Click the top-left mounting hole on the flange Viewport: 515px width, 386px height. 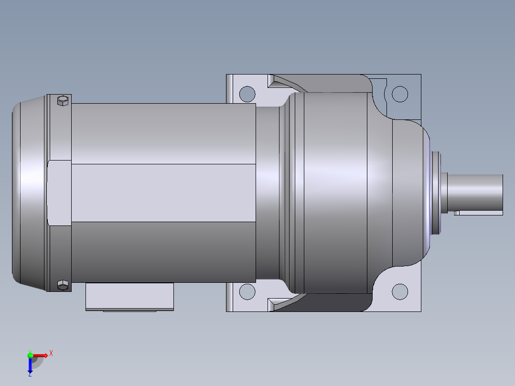pos(247,94)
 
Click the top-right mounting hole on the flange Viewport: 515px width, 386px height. pos(400,94)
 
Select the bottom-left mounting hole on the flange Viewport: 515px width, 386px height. pos(247,291)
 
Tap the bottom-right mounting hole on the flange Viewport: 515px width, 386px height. pos(400,291)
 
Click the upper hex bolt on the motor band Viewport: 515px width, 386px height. pos(62,100)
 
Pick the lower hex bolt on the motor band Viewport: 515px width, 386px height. pos(62,285)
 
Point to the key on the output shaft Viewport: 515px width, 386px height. pos(478,212)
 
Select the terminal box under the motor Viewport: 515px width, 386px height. pos(129,297)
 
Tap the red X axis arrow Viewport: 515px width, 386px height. pos(42,355)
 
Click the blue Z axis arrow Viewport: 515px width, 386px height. pos(30,365)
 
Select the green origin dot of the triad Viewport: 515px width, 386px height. pos(30,354)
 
